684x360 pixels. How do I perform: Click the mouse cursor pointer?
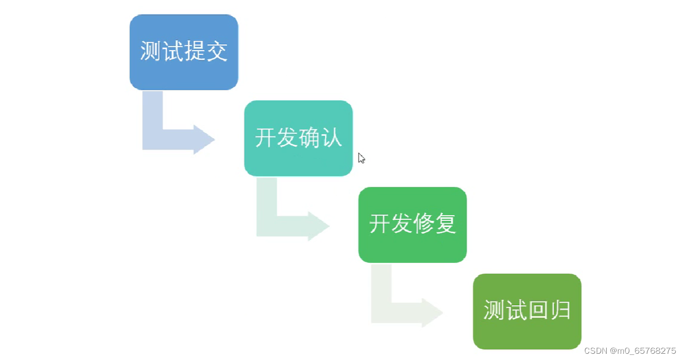coord(361,158)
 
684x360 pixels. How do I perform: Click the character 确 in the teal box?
coord(309,138)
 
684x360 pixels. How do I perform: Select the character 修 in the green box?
coord(423,224)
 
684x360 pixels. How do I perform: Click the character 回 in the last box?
coord(538,310)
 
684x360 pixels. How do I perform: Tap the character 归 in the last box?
coord(560,310)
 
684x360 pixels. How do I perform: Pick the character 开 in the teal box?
coord(265,138)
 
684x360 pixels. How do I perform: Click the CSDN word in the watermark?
coord(594,351)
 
